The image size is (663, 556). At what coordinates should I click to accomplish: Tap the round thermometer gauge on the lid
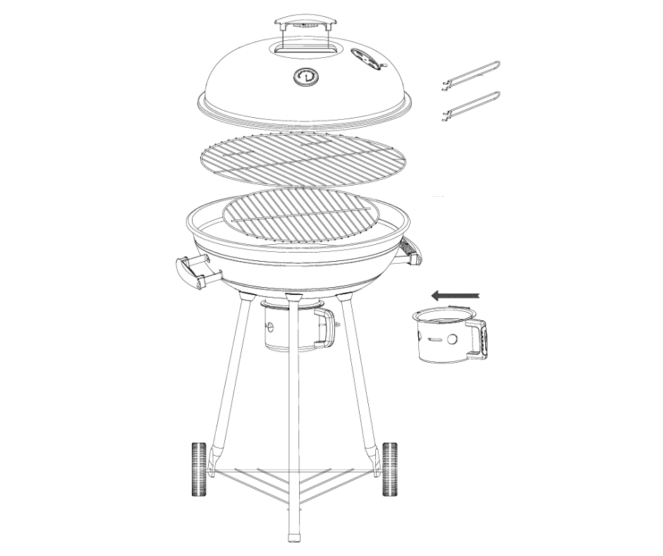(x=305, y=77)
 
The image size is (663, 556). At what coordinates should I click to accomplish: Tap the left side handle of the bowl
(x=191, y=272)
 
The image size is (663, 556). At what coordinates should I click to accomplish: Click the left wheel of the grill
(x=198, y=469)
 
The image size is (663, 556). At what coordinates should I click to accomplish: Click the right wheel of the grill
(x=389, y=469)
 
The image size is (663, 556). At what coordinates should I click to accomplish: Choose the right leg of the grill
(x=360, y=381)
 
